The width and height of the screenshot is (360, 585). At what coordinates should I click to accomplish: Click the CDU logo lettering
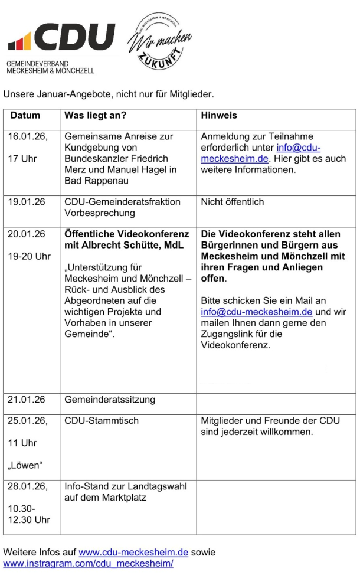click(x=74, y=38)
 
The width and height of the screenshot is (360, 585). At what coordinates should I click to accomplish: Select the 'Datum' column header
click(x=25, y=116)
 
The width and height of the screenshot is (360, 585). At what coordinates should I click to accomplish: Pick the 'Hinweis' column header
click(x=219, y=116)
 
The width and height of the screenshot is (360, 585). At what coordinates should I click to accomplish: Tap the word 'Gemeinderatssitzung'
click(x=110, y=400)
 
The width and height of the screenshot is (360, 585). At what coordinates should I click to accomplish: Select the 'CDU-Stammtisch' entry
click(x=102, y=420)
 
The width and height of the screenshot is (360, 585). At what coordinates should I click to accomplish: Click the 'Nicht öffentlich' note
click(x=233, y=202)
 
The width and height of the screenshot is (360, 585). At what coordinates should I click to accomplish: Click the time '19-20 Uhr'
click(x=29, y=256)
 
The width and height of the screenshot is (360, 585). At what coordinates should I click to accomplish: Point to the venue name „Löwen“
click(x=24, y=466)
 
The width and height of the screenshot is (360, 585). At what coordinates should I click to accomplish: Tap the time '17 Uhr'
click(x=22, y=159)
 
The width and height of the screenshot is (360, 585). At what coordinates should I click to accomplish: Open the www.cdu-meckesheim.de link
click(x=133, y=553)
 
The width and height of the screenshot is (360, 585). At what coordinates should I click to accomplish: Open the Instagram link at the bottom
click(x=89, y=564)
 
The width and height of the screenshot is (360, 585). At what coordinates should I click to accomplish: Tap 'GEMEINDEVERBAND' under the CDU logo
click(x=37, y=63)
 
